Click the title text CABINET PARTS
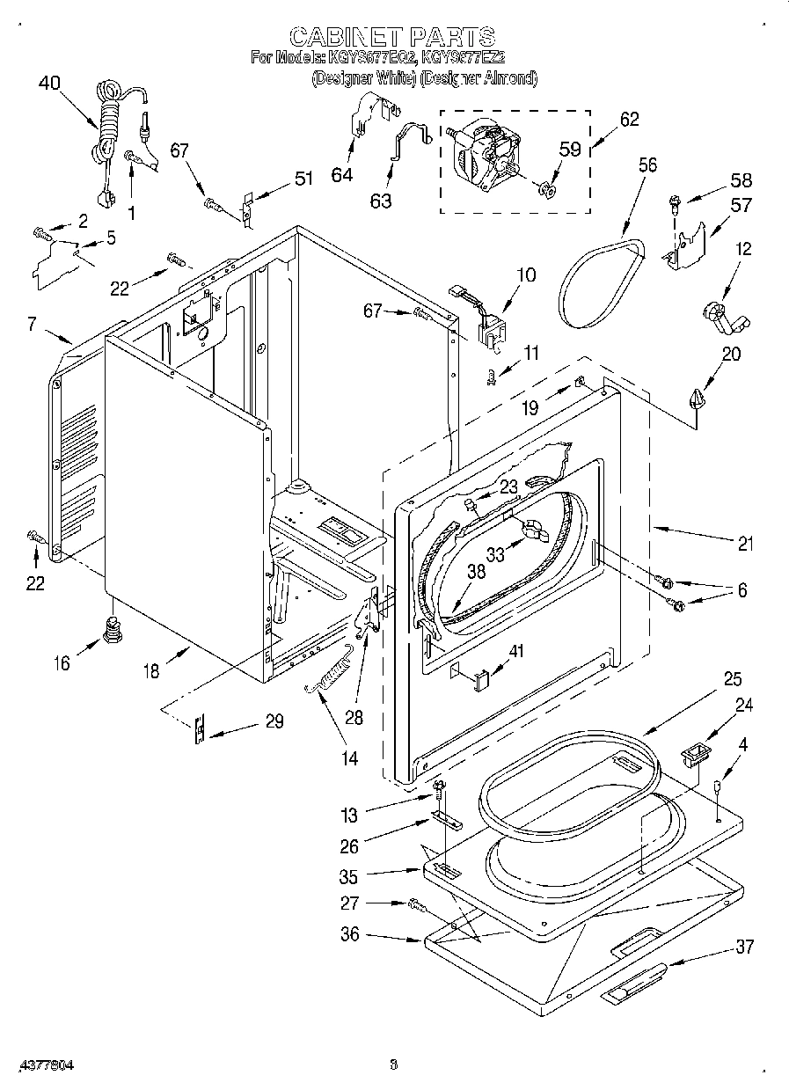(x=392, y=36)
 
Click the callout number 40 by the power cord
(x=50, y=84)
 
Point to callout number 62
(x=629, y=120)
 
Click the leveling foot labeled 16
(x=112, y=630)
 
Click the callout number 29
(x=274, y=721)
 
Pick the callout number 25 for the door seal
(x=732, y=679)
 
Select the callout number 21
(x=745, y=544)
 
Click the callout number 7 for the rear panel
(x=32, y=326)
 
